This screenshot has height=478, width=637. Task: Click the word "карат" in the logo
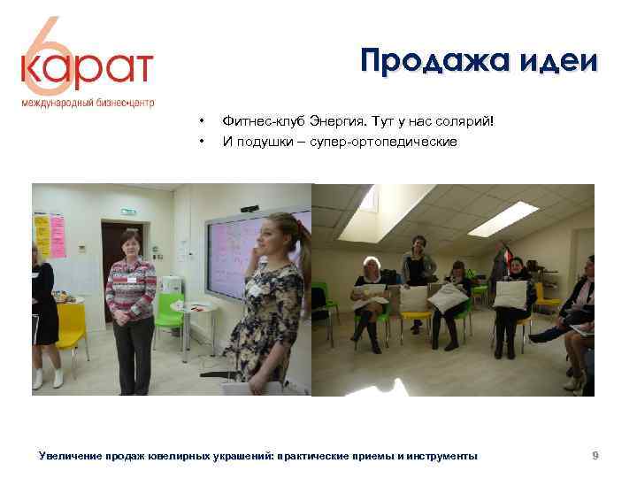(88, 69)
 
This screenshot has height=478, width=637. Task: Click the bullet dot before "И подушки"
(203, 142)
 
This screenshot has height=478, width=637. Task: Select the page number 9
(596, 456)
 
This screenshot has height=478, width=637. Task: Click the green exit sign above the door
(129, 212)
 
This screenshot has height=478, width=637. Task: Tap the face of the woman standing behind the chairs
(415, 241)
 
